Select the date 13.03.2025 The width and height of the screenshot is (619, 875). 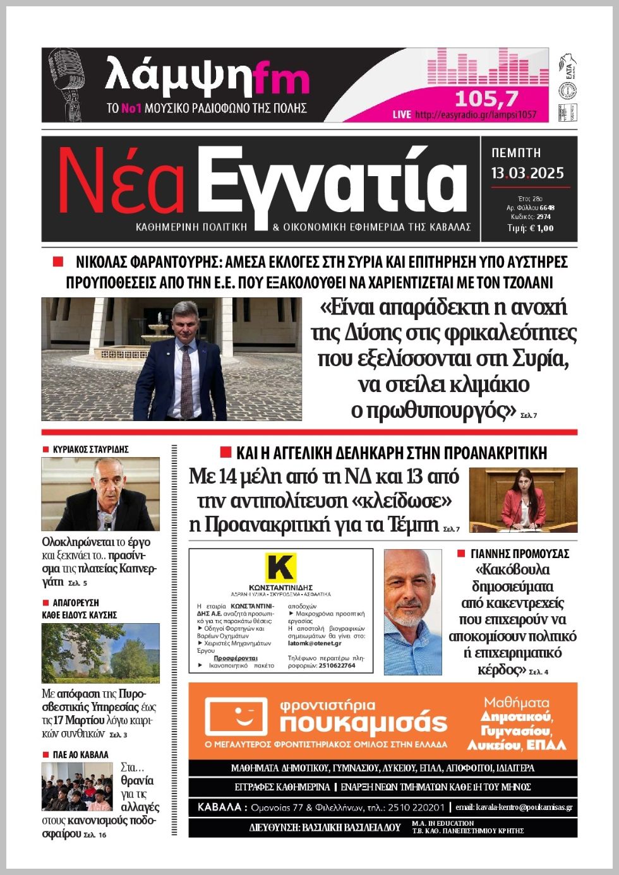[x=527, y=173]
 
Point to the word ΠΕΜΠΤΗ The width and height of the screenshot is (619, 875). [x=516, y=153]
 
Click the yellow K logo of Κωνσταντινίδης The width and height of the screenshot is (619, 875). [x=280, y=567]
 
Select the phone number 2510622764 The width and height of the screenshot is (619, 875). [x=337, y=665]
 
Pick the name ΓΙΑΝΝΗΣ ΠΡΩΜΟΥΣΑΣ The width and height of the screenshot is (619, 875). [x=520, y=554]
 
